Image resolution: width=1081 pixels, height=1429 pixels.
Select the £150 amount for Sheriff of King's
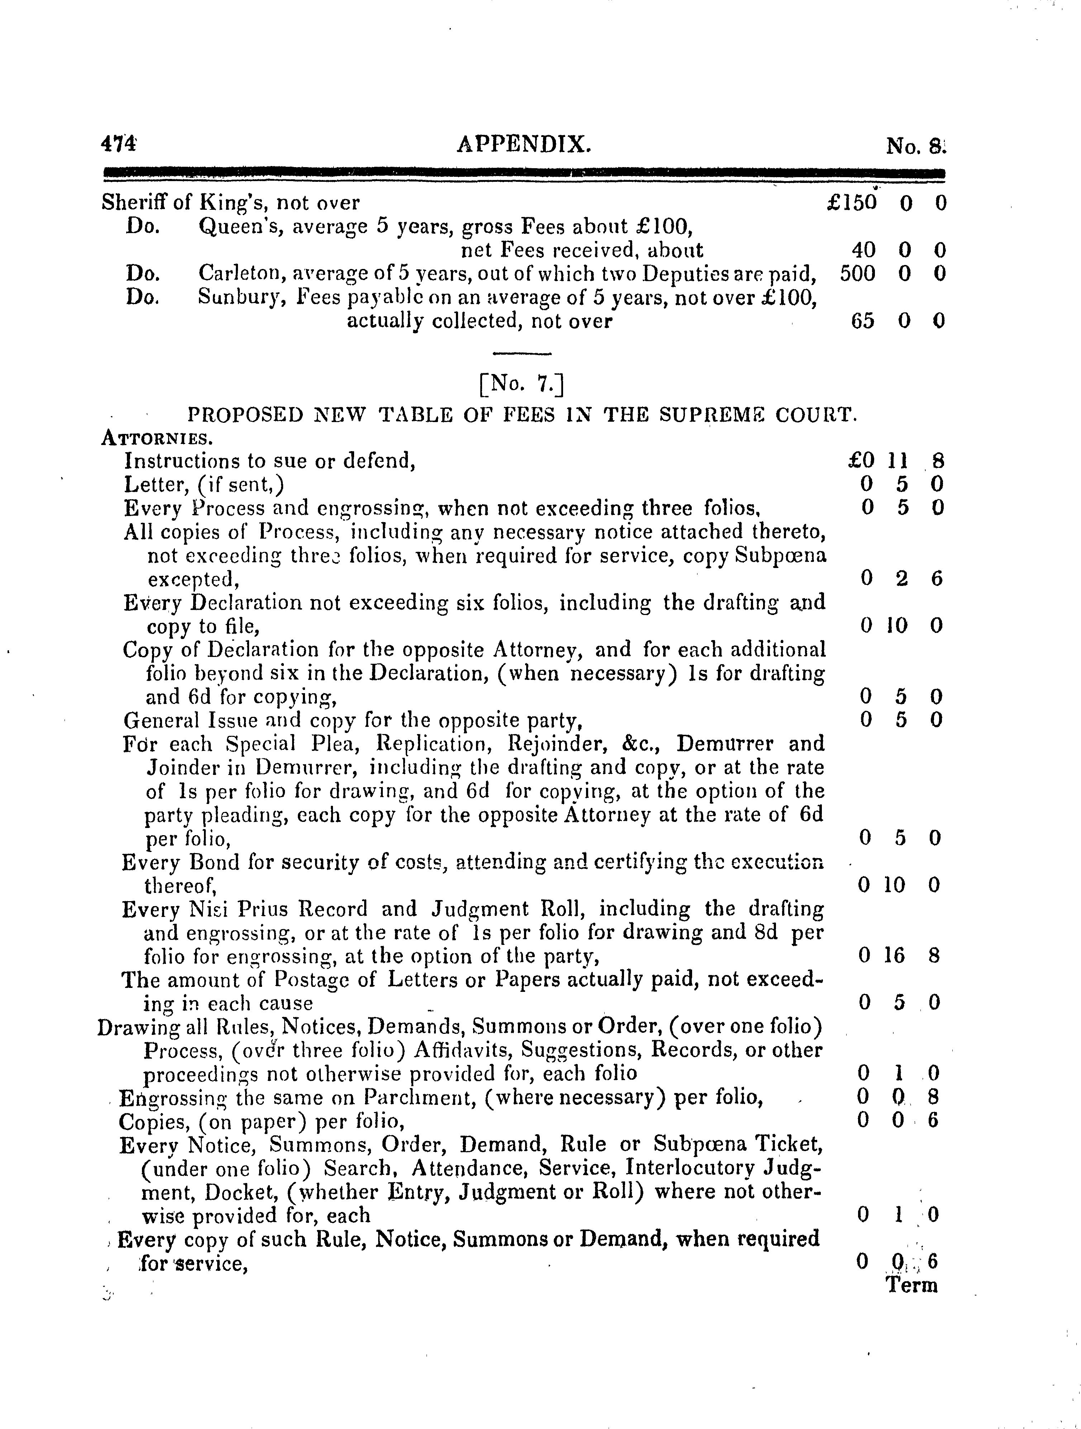pyautogui.click(x=852, y=203)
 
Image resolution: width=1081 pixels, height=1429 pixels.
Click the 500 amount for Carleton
pyautogui.click(x=858, y=274)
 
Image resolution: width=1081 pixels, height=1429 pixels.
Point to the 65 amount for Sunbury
pyautogui.click(x=863, y=321)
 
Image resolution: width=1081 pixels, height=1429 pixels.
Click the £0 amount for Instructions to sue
pyautogui.click(x=861, y=460)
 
